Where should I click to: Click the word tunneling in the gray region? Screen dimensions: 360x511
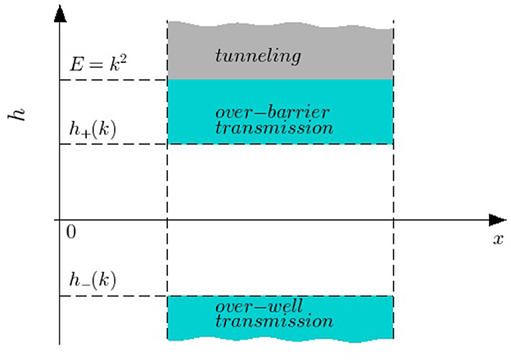[x=258, y=56]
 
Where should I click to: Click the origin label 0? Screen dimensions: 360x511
[x=71, y=233]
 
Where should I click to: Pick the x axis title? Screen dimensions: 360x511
[x=497, y=240]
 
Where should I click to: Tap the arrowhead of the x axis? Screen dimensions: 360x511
[x=497, y=219]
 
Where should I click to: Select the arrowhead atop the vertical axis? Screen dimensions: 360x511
[x=60, y=11]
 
